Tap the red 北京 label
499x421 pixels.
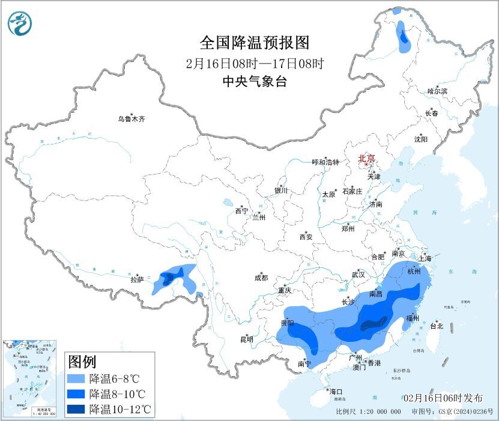pyautogui.click(x=366, y=159)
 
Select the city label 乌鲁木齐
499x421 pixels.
pyautogui.click(x=132, y=119)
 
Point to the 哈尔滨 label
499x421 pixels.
pyautogui.click(x=437, y=91)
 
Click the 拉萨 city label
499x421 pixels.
pyautogui.click(x=138, y=279)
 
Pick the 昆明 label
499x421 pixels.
pyautogui.click(x=247, y=339)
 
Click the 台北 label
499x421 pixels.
pyautogui.click(x=437, y=326)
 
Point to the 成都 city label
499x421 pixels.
pyautogui.click(x=261, y=278)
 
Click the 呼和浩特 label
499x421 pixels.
pyautogui.click(x=325, y=163)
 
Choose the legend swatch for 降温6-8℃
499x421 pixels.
pyautogui.click(x=76, y=379)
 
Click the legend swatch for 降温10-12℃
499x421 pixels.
pyautogui.click(x=76, y=410)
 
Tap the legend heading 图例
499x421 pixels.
pyautogui.click(x=82, y=362)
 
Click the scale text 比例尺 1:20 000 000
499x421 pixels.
pyautogui.click(x=369, y=412)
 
